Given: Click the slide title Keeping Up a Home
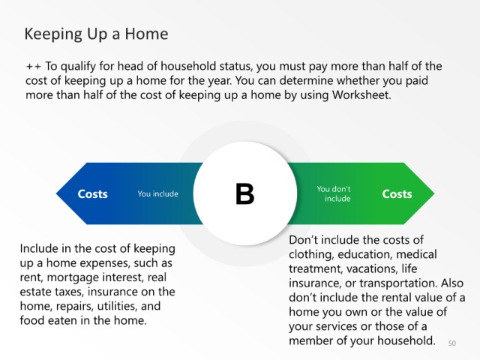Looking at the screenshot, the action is click(x=96, y=34).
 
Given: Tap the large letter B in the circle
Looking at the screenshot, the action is click(x=245, y=193).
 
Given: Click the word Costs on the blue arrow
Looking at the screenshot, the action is click(x=92, y=194).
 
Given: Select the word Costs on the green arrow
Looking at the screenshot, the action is click(x=397, y=194).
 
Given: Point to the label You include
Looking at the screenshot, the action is click(x=158, y=193).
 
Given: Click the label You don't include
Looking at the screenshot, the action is click(x=334, y=193).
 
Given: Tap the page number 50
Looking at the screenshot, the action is click(x=452, y=343).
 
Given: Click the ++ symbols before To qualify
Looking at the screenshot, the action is click(x=34, y=67).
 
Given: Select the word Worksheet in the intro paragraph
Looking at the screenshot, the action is click(x=361, y=95).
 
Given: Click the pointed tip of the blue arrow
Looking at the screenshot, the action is click(x=57, y=193).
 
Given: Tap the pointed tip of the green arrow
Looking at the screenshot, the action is click(x=433, y=193).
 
